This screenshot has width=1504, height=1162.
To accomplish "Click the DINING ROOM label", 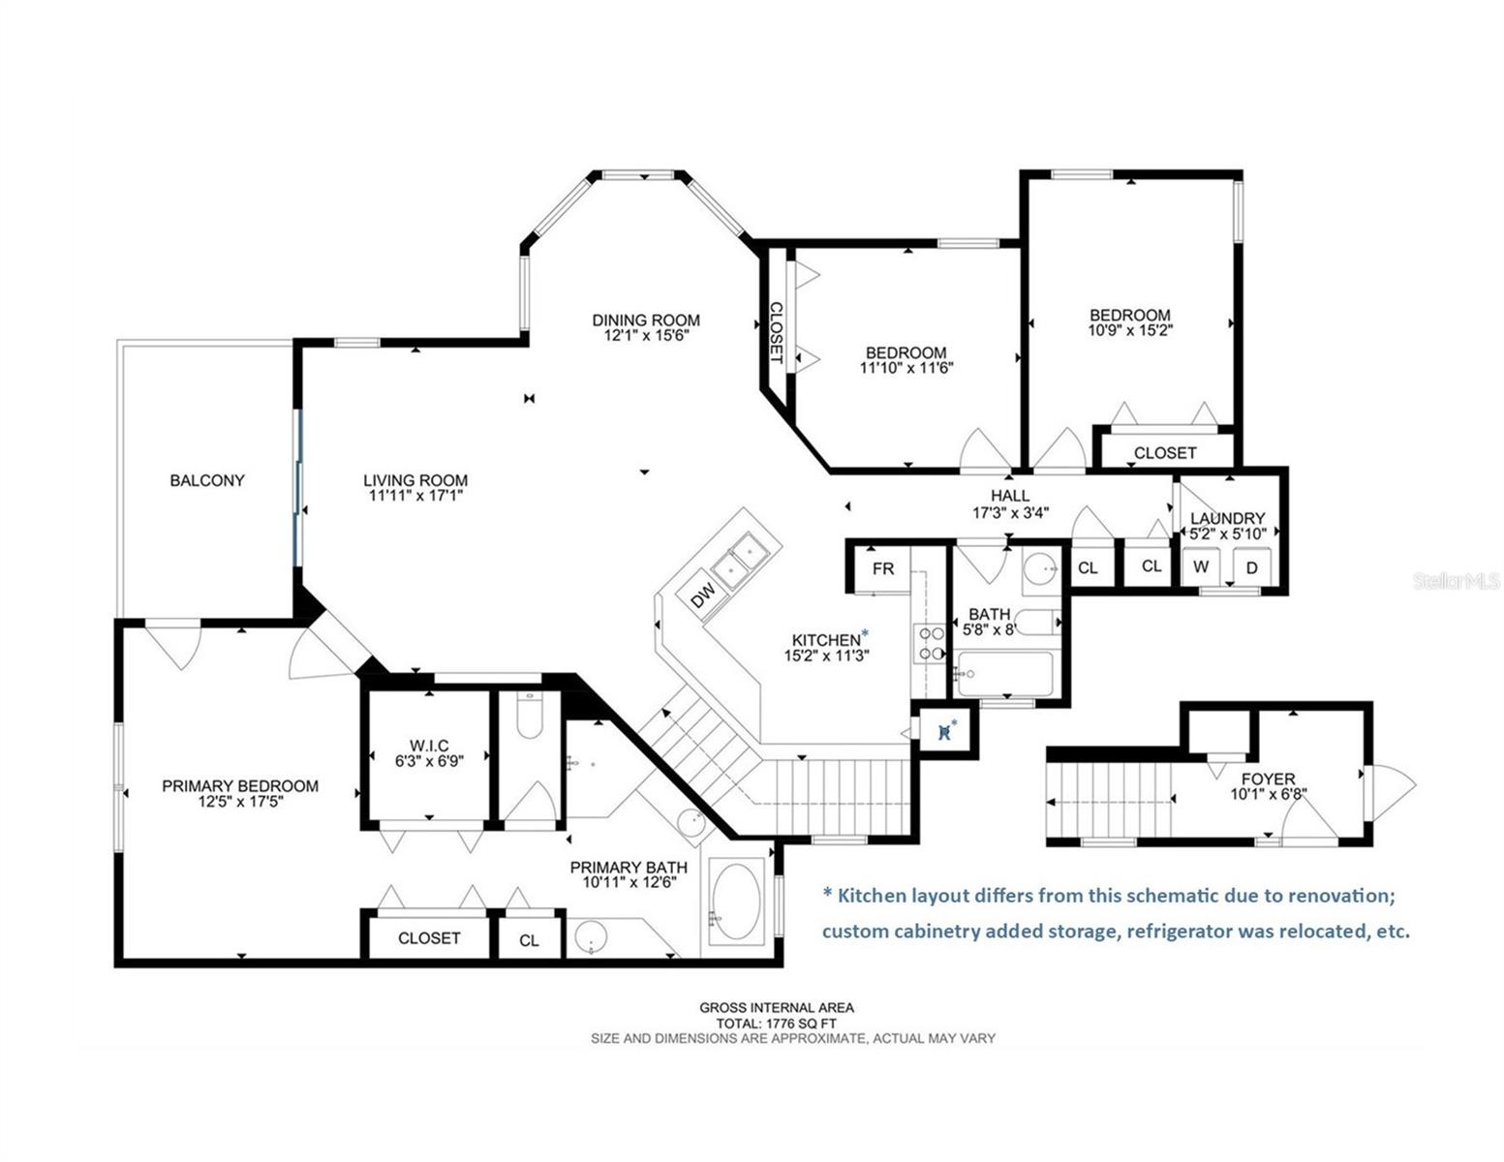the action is click(x=646, y=321).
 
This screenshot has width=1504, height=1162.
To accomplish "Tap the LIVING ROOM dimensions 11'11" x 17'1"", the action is click(x=415, y=496).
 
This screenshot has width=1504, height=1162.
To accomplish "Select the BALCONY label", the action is click(x=207, y=480).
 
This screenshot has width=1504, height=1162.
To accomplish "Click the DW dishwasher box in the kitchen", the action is click(x=703, y=595).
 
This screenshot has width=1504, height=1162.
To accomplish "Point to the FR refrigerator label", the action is click(x=883, y=568).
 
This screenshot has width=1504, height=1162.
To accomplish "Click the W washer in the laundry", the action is click(x=1201, y=566).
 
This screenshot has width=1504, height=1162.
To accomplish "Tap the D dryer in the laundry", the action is click(x=1252, y=567).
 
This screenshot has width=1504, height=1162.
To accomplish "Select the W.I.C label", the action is click(x=429, y=746).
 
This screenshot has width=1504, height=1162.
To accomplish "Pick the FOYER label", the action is click(x=1268, y=779).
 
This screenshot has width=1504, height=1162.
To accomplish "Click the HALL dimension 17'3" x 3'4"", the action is click(x=1010, y=513).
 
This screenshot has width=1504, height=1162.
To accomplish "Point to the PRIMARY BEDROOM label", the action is click(x=240, y=786).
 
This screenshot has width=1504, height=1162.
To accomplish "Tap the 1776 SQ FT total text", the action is click(x=777, y=1024).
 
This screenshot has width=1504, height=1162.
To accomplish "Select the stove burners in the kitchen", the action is click(x=929, y=643).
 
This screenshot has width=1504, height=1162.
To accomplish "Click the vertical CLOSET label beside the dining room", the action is click(x=776, y=333).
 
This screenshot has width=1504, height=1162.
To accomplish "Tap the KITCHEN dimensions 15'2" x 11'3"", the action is click(x=826, y=655).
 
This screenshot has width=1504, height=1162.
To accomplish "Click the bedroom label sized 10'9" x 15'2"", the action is click(x=1130, y=315).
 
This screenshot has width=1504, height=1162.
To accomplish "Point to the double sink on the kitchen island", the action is click(x=739, y=561).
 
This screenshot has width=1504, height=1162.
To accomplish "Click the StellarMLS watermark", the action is click(x=1457, y=581).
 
